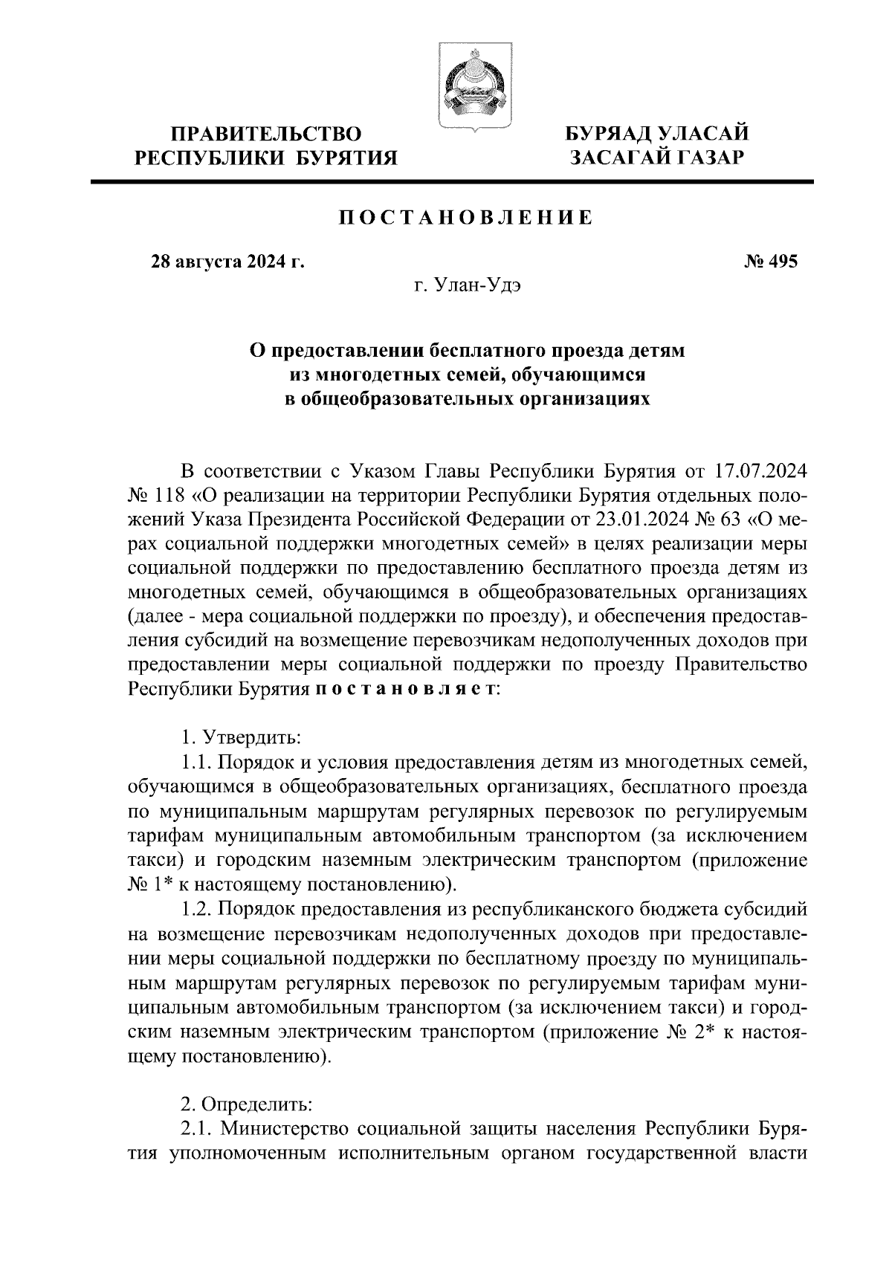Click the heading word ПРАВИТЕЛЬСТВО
pyautogui.click(x=266, y=134)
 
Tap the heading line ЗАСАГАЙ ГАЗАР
pyautogui.click(x=656, y=157)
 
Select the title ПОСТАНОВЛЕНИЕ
pyautogui.click(x=467, y=219)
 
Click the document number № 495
pyautogui.click(x=770, y=262)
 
